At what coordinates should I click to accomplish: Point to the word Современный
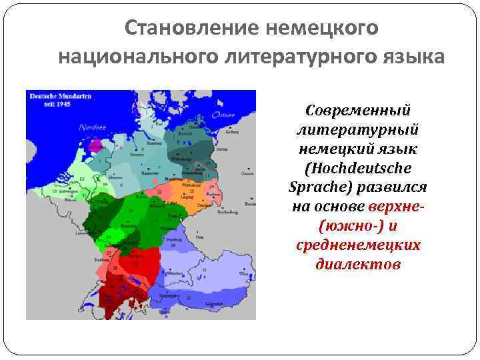pyautogui.click(x=358, y=109)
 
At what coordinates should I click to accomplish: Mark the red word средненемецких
pyautogui.click(x=359, y=245)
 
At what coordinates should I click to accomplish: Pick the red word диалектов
pyautogui.click(x=359, y=264)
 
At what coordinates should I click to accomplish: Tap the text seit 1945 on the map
pyautogui.click(x=45, y=105)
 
